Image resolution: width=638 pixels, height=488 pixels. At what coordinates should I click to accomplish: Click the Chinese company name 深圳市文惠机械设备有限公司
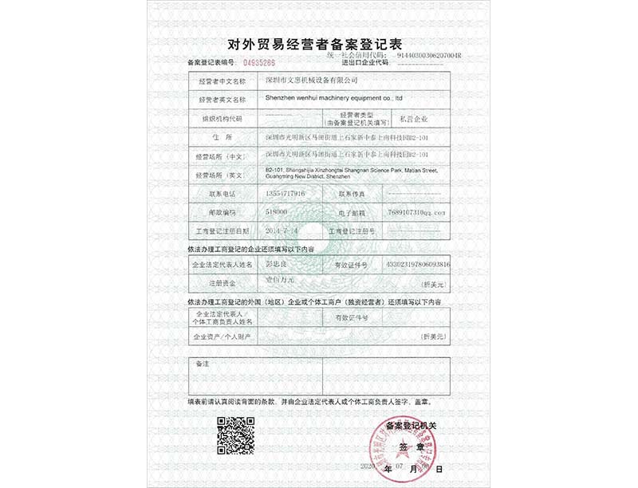pos(312,81)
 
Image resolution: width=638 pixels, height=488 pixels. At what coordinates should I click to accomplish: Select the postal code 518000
pos(277,212)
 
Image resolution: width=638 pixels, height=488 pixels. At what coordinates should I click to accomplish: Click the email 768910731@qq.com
pos(419,212)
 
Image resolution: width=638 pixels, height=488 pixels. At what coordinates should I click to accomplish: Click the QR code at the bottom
pos(236,435)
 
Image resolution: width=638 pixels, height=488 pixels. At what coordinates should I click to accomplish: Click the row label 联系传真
pos(352,194)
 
